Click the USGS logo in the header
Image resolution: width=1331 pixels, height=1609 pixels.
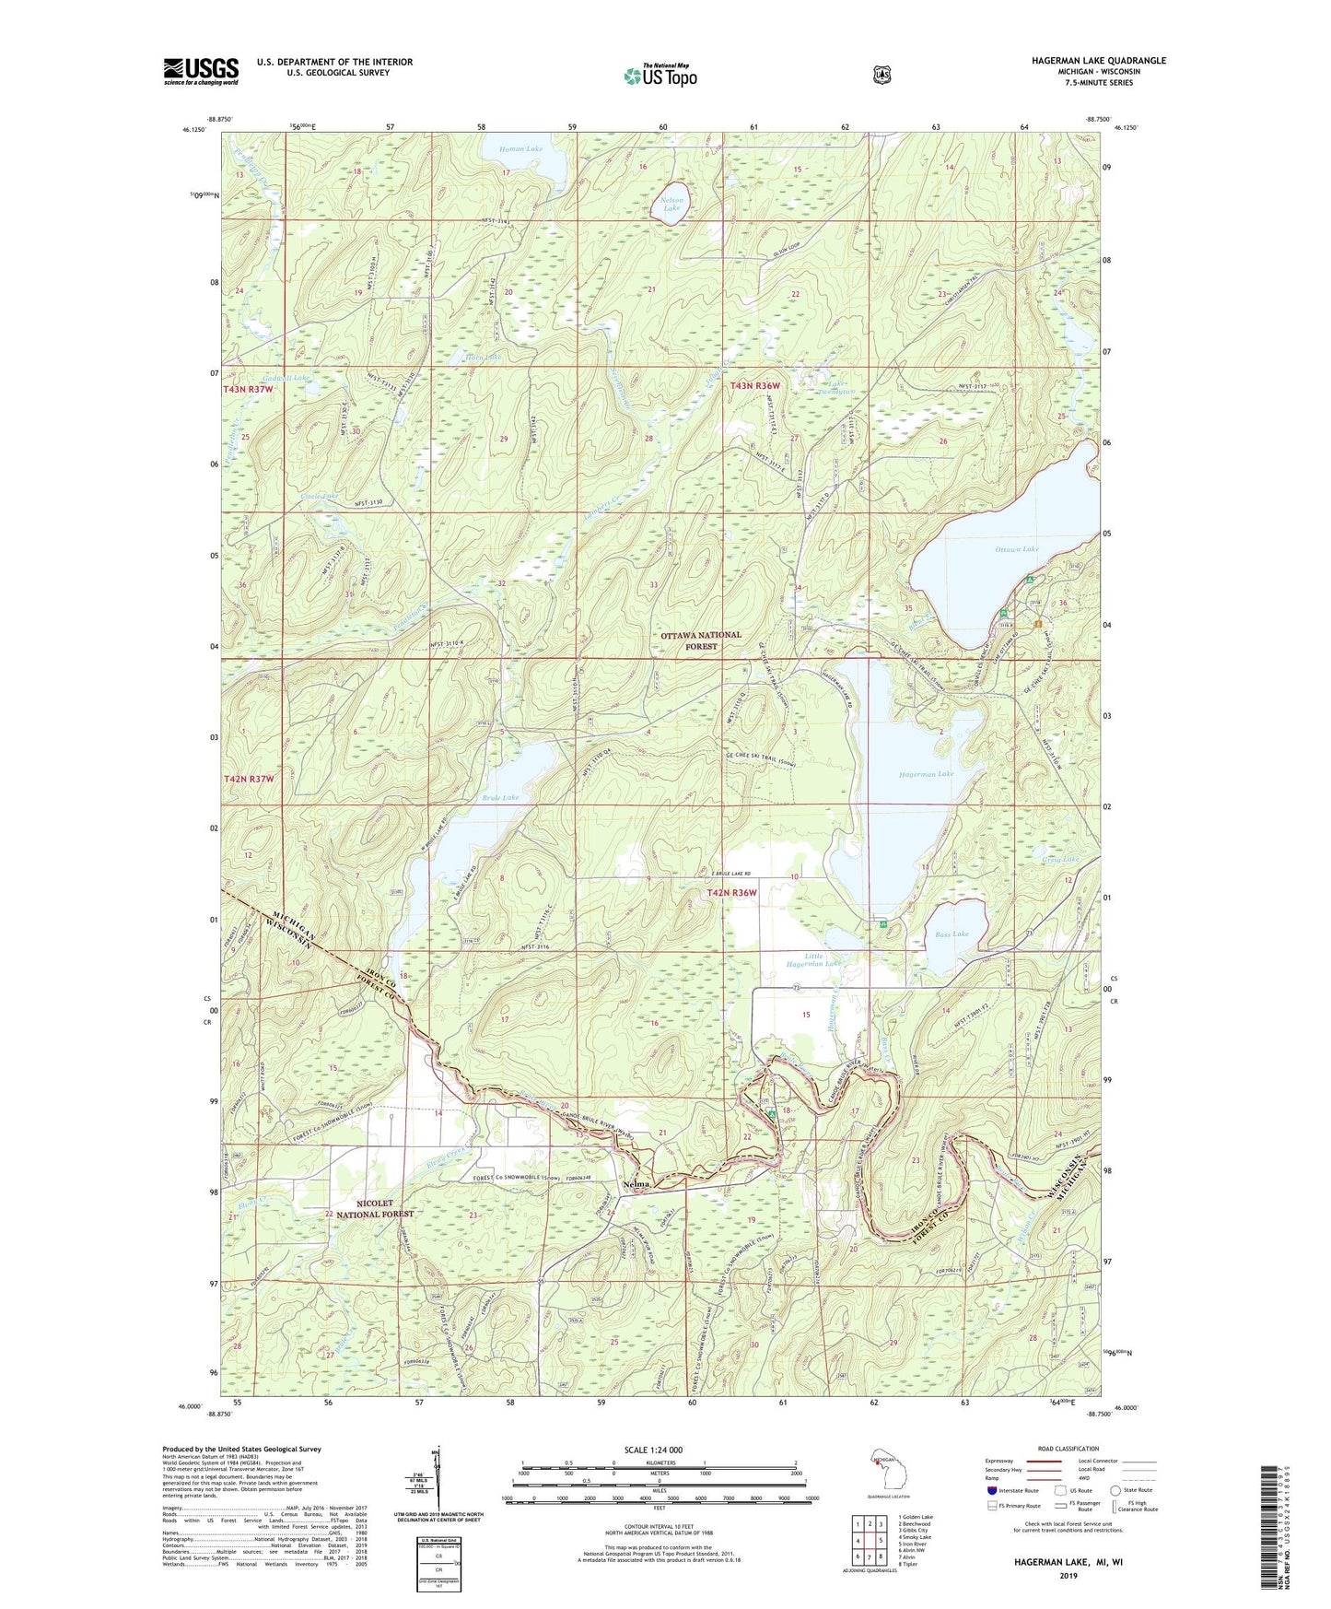click(201, 71)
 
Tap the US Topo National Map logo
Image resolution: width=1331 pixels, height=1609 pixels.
click(660, 76)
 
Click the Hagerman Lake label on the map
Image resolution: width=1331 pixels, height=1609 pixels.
click(926, 774)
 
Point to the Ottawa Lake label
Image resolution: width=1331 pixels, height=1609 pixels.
click(1016, 549)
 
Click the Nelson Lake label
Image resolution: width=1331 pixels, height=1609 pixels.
click(671, 204)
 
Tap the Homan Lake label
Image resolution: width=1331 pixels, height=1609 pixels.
click(520, 148)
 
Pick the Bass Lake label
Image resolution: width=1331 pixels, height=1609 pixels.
click(952, 934)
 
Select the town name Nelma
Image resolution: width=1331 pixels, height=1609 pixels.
click(636, 1184)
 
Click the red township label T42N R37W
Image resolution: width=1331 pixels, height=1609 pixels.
click(249, 779)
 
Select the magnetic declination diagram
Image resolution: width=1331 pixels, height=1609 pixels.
click(438, 1486)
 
